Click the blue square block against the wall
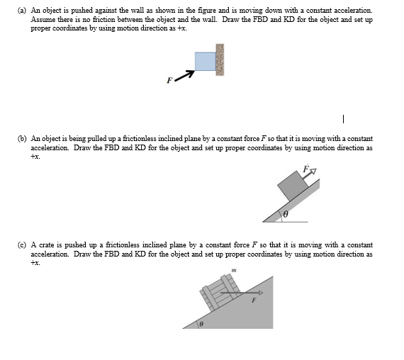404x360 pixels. [x=205, y=61]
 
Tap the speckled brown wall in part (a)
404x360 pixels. [x=220, y=60]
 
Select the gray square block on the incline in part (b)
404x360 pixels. [x=291, y=186]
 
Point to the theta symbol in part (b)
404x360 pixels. [x=286, y=213]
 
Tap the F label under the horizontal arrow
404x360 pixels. [x=252, y=300]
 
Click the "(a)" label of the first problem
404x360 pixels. [x=23, y=11]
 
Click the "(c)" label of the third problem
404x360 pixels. [x=23, y=244]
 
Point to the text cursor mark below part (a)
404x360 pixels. [x=343, y=118]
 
